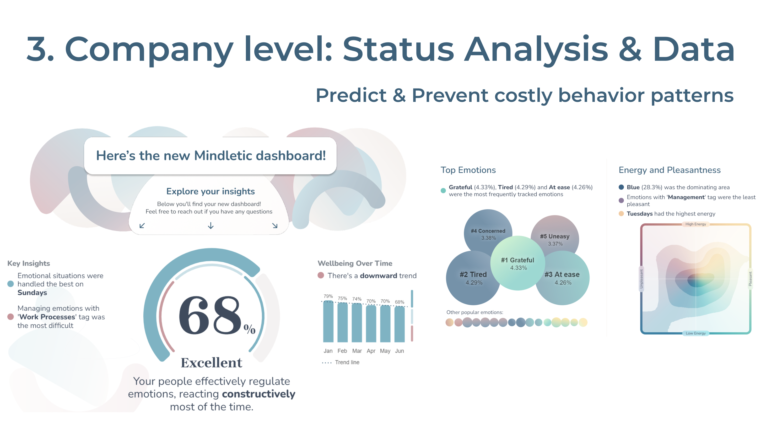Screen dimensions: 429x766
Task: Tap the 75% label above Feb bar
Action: point(342,298)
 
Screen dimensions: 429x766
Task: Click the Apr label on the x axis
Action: point(371,351)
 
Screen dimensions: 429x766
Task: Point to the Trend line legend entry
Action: point(347,362)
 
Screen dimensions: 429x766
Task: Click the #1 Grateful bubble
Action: point(517,263)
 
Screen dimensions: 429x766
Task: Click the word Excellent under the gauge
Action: point(211,362)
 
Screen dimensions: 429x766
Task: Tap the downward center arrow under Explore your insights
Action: point(211,226)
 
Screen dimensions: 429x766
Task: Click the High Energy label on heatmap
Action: point(695,224)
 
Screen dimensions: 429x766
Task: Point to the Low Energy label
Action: point(695,333)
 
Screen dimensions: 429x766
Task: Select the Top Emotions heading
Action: point(468,170)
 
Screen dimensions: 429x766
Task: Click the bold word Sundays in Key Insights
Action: point(32,293)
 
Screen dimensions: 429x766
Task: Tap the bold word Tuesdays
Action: point(639,214)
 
